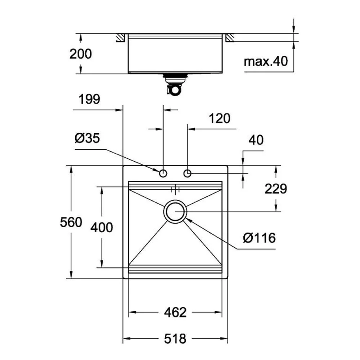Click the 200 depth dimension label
click(81, 54)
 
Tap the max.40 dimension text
click(266, 62)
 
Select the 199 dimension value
click(89, 99)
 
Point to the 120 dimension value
click(220, 118)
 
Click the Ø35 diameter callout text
click(87, 138)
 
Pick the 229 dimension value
click(276, 189)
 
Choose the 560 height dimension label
click(71, 222)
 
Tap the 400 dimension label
click(102, 228)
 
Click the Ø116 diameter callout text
click(259, 238)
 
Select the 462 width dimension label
click(175, 312)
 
